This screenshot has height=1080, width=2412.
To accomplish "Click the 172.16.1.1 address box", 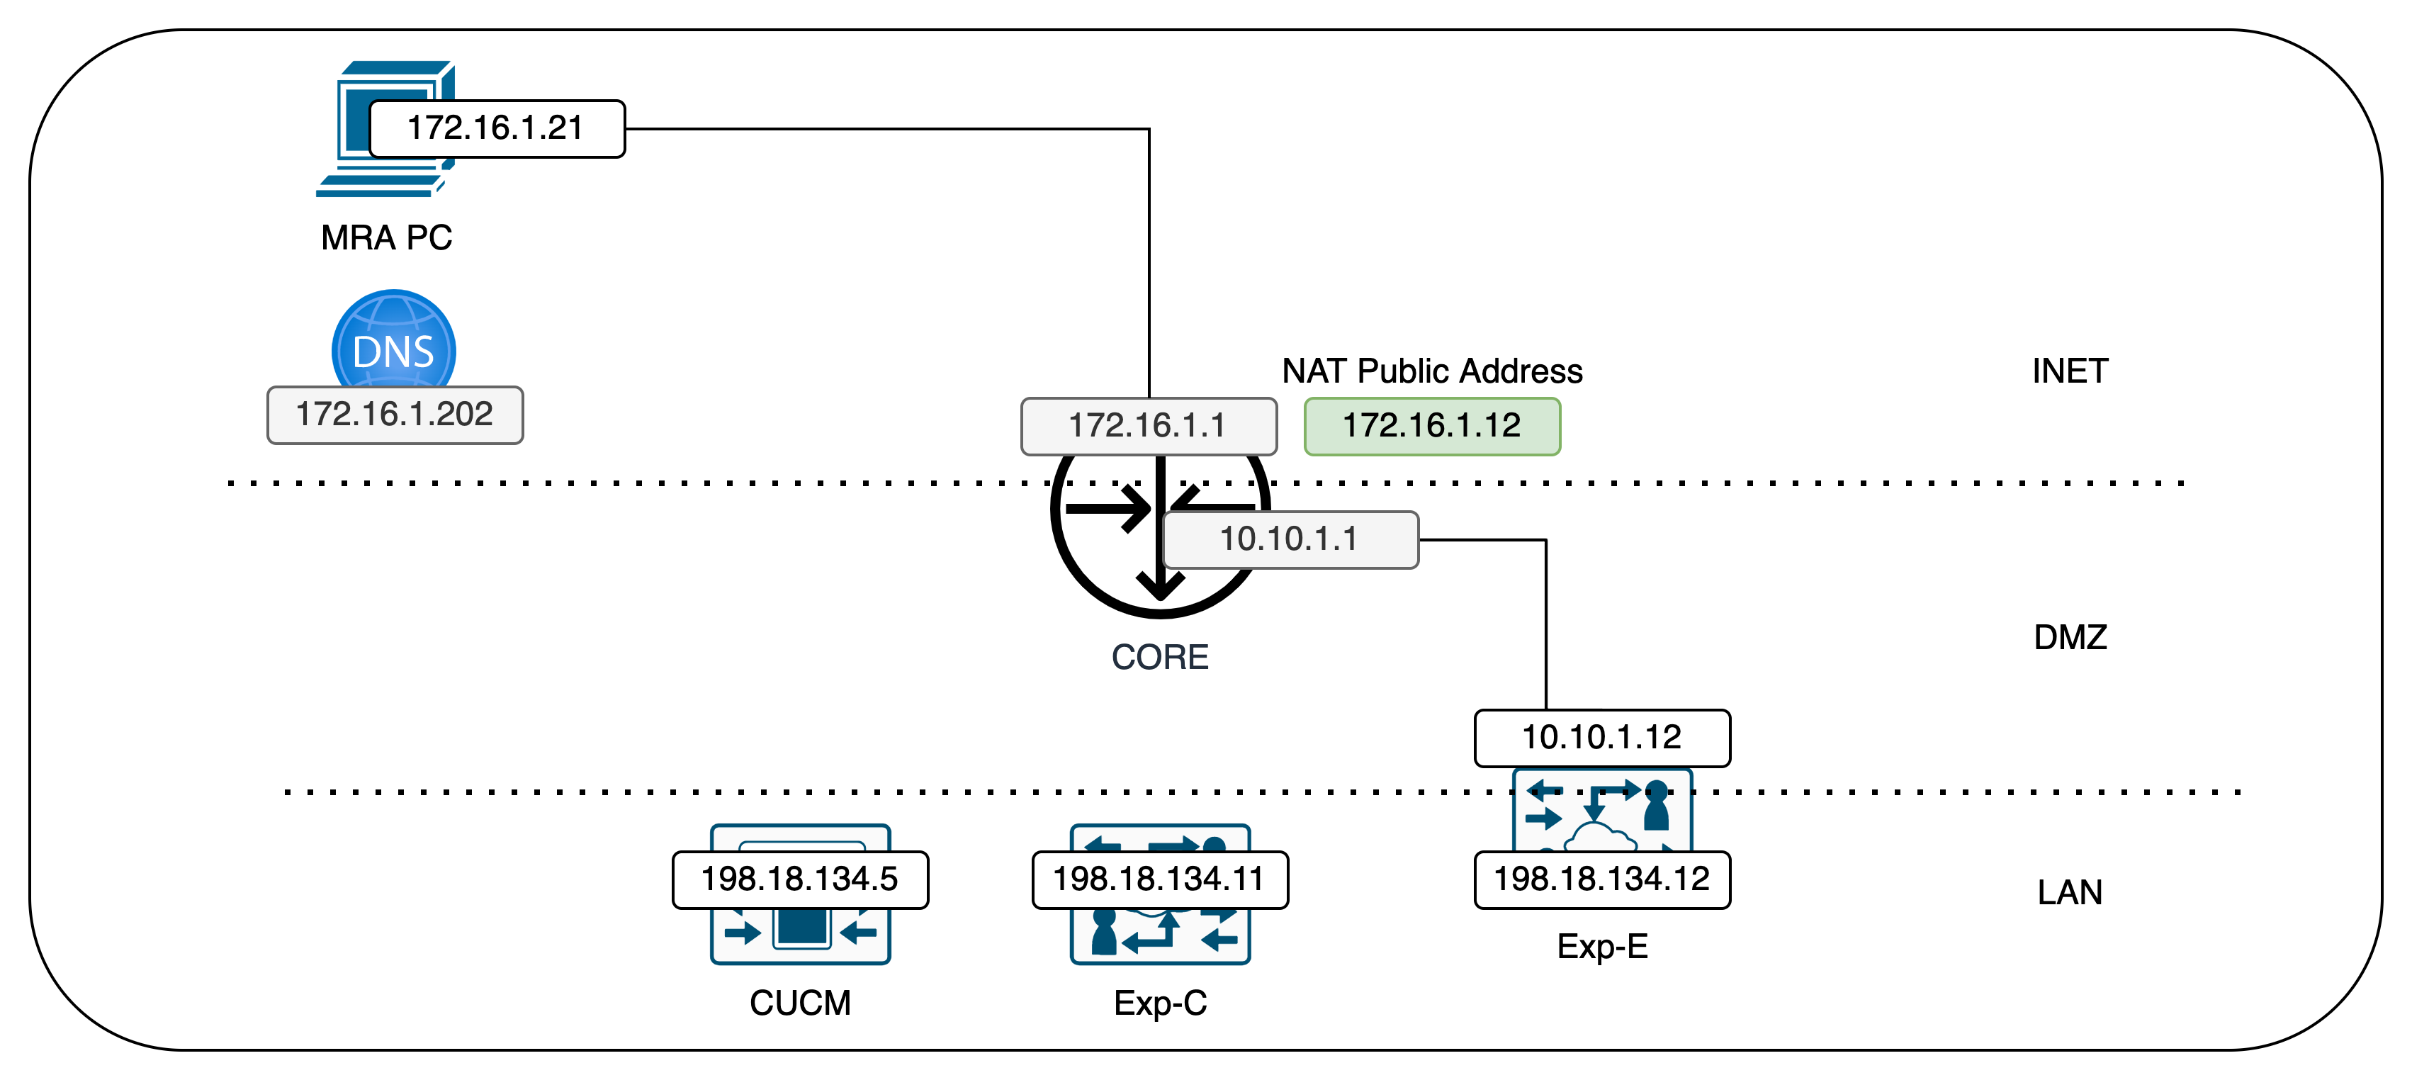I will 1148,426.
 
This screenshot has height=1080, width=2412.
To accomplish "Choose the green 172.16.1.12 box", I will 1431,426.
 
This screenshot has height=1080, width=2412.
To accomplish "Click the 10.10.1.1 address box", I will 1290,539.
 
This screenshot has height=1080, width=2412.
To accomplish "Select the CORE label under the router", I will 1159,658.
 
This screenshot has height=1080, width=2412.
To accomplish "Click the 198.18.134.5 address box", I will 799,879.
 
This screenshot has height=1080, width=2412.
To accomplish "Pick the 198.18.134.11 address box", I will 1159,879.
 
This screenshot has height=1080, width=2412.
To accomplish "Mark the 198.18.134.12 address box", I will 1601,879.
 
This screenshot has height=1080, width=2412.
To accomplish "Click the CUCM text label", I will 799,1003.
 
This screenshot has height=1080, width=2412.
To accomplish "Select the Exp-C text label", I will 1159,1003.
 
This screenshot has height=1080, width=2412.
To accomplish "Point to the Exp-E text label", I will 1601,947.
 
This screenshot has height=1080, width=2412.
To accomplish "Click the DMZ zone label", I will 2069,638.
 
